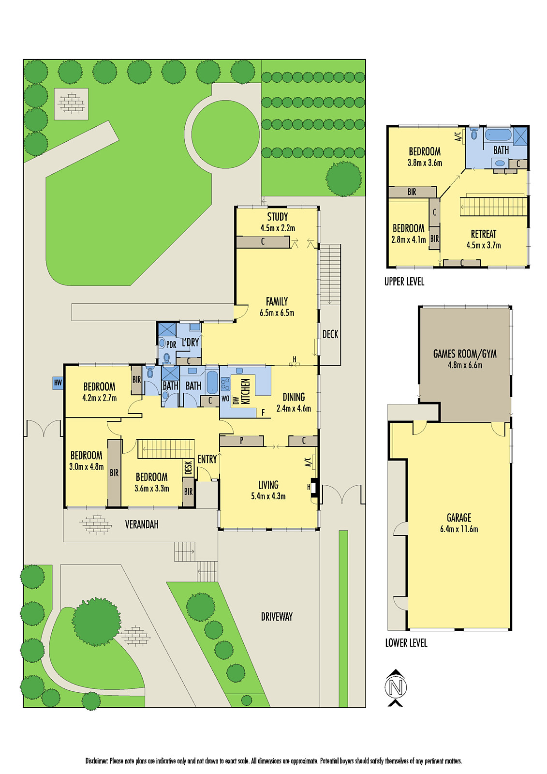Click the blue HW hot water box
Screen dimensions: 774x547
tap(58, 383)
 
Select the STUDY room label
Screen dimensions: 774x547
tap(278, 217)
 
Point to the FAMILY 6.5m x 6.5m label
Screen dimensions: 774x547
tap(277, 307)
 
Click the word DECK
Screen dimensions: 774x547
tap(330, 334)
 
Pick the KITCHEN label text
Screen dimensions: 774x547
tap(246, 391)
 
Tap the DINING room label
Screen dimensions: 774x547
tap(294, 397)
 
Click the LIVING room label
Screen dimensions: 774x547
tap(268, 485)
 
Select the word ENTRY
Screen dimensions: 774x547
tap(207, 460)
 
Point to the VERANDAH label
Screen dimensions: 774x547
tap(142, 524)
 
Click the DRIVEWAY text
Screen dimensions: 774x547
tap(277, 617)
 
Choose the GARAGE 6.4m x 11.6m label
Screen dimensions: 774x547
tap(459, 523)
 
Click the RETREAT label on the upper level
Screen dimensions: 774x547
tap(484, 234)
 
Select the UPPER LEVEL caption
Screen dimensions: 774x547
tap(404, 282)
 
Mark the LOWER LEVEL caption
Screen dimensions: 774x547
tap(406, 643)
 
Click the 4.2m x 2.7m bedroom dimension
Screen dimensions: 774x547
tap(100, 398)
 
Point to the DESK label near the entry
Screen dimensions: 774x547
tap(188, 467)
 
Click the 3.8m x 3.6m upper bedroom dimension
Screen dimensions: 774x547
tap(425, 163)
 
